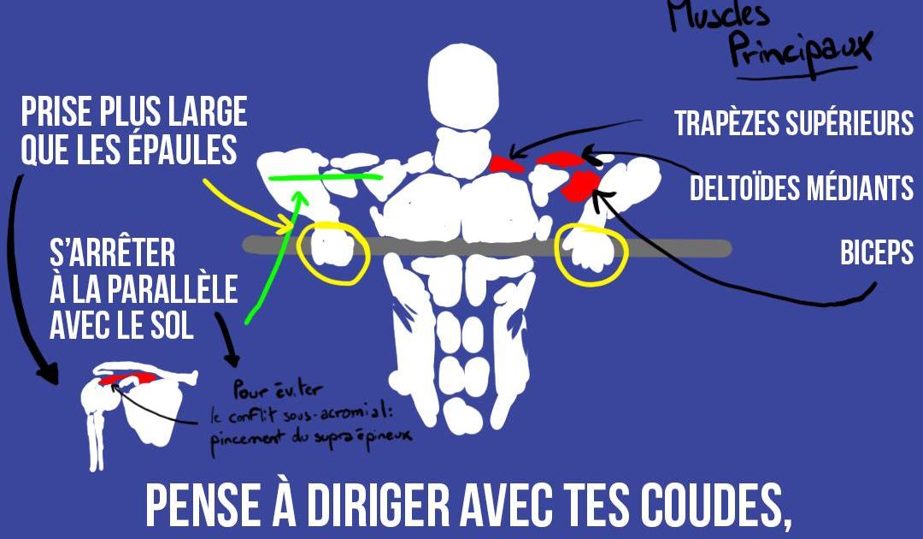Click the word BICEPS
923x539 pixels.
point(877,252)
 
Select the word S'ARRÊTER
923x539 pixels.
point(113,253)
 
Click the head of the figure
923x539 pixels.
point(463,86)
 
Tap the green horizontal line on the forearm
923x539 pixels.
point(325,177)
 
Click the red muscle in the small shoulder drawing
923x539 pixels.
point(128,378)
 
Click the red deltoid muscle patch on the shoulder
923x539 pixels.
point(580,187)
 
